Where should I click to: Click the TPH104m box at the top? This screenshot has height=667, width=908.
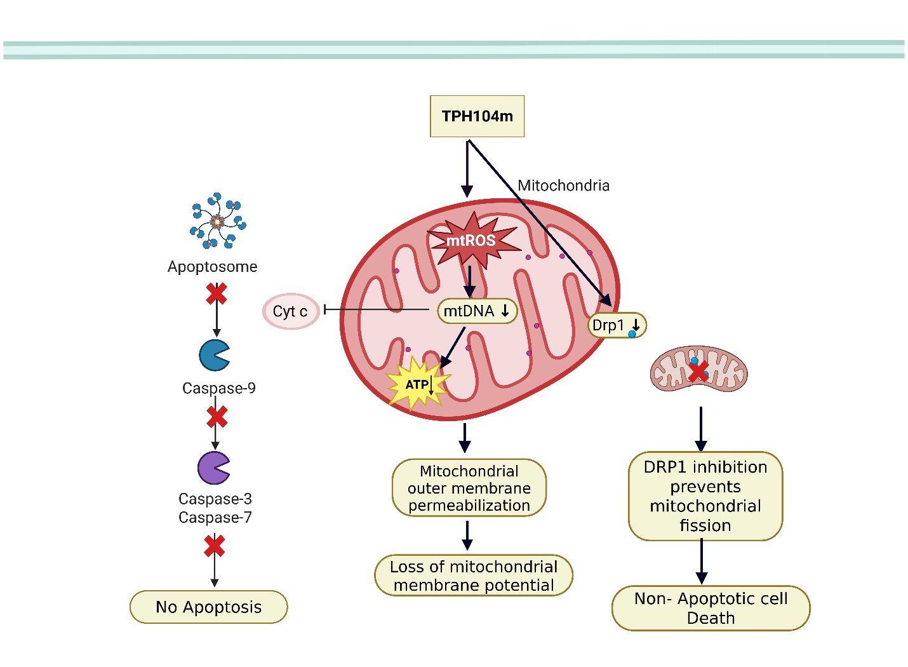click(x=477, y=116)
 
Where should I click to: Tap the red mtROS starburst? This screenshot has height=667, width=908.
click(x=471, y=240)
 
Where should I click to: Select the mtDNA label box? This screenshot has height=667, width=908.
click(x=477, y=311)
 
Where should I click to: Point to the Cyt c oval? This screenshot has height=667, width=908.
click(x=290, y=311)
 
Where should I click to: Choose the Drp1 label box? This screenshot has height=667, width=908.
click(x=617, y=325)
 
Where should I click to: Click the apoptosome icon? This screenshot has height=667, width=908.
click(x=217, y=221)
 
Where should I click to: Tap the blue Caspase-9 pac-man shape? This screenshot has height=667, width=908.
click(x=213, y=356)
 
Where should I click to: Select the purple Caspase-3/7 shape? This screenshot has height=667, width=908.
click(x=213, y=468)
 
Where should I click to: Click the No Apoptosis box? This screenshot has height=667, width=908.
click(x=208, y=607)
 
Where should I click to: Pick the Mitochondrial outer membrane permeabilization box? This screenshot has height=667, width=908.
click(x=469, y=488)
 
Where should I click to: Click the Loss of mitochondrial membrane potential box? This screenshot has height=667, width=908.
click(x=474, y=576)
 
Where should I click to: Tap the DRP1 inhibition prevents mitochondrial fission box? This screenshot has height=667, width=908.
click(x=705, y=496)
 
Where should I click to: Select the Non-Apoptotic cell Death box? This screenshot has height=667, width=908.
click(x=711, y=608)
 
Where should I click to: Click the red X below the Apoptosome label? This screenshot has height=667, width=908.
click(x=217, y=293)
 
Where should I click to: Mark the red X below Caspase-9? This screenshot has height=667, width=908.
click(x=217, y=417)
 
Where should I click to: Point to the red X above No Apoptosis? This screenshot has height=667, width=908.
click(x=215, y=546)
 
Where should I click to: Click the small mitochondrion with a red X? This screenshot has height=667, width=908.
click(x=698, y=369)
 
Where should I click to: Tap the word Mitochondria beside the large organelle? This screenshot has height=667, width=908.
click(x=563, y=185)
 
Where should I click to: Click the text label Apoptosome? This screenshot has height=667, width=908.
click(x=212, y=267)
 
